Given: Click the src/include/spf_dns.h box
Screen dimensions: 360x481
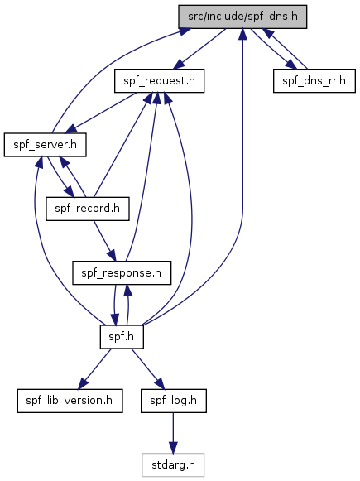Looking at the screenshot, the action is click(x=242, y=17).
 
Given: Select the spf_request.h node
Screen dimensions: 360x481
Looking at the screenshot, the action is click(x=159, y=80).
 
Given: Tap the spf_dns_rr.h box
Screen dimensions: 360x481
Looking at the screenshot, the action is click(x=314, y=80).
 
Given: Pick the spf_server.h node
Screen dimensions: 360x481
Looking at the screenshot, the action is click(x=45, y=145).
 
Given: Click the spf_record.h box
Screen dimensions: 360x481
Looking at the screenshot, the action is click(x=88, y=209).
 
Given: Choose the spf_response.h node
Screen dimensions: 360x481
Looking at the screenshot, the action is click(x=122, y=272).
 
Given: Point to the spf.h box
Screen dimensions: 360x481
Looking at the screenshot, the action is click(x=122, y=337).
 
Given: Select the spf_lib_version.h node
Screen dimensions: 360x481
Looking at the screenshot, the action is click(x=70, y=401).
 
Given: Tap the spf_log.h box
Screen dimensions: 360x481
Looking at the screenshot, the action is click(x=174, y=401).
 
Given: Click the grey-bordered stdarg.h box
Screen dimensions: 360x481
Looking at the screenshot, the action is click(x=173, y=464).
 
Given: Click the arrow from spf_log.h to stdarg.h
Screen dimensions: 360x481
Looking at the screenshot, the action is click(x=173, y=433).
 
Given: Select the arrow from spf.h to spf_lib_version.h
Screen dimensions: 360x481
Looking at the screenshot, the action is click(x=94, y=368).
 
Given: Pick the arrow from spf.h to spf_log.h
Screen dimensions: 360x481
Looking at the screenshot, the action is click(x=148, y=368).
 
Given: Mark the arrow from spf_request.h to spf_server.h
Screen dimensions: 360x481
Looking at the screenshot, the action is click(x=102, y=113).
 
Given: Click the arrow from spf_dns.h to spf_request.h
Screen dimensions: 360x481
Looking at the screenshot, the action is click(x=199, y=49).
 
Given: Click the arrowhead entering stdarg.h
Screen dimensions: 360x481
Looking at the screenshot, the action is click(x=173, y=448).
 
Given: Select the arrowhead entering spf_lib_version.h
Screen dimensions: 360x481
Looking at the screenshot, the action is click(x=82, y=384).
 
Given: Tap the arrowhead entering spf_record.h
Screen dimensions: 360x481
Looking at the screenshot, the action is click(x=70, y=192).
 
